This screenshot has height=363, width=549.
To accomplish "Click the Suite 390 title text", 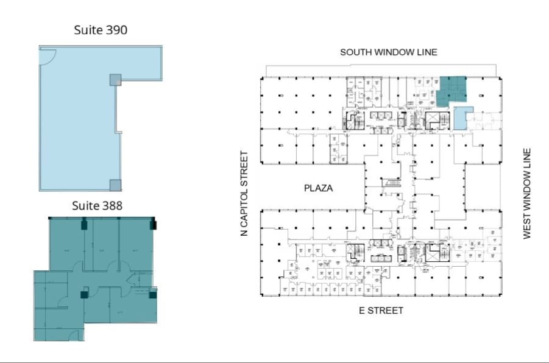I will pos(101,29).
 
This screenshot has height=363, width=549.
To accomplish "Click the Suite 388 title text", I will pos(97,205).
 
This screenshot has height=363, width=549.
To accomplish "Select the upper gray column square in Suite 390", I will pos(115,80).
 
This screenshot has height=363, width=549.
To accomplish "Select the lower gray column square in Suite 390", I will pos(115,185).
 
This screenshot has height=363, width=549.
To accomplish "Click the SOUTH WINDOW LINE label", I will pos(388,52).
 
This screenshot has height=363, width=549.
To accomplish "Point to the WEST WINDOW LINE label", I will pos(527,193).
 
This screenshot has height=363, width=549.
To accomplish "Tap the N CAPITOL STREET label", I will pos(244,193).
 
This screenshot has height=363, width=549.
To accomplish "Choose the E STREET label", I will pos(380,311).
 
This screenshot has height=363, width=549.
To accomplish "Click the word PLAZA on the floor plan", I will pos(318,188).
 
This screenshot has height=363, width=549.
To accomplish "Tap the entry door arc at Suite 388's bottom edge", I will pos(74,335).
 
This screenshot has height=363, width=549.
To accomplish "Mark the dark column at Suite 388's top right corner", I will pos(153,225).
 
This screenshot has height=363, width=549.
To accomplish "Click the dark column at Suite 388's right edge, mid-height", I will pos(152,295).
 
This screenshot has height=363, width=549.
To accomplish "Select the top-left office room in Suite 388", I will pos(66,244).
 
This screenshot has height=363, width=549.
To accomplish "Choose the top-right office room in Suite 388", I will pos(135,244).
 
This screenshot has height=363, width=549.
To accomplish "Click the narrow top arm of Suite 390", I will pos(140,63).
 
